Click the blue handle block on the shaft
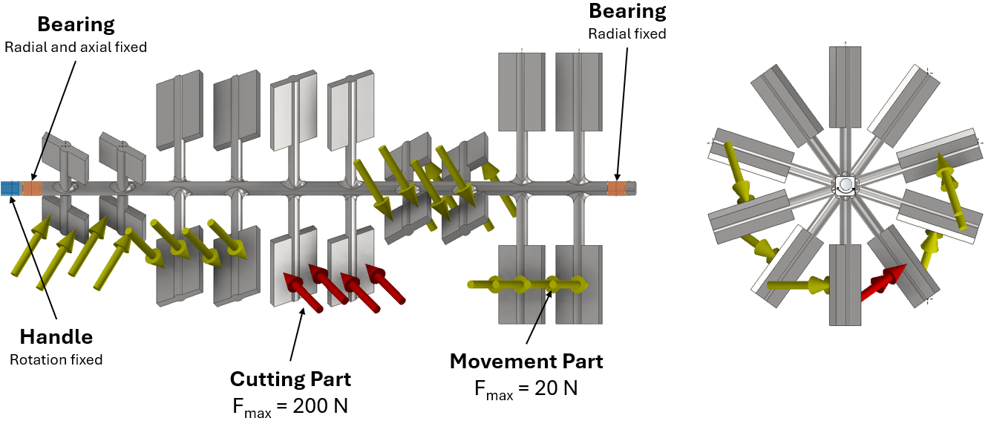10,189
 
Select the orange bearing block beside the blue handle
32,189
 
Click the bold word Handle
56,337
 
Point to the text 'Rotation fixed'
56,360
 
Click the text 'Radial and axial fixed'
76,47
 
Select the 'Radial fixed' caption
627,33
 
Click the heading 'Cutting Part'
290,379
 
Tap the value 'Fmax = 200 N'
290,406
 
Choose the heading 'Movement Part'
526,362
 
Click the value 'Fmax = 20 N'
526,388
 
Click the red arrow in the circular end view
883,282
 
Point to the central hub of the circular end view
846,186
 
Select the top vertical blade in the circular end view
846,85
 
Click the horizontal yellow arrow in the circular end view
798,284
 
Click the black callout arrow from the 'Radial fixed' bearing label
621,111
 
